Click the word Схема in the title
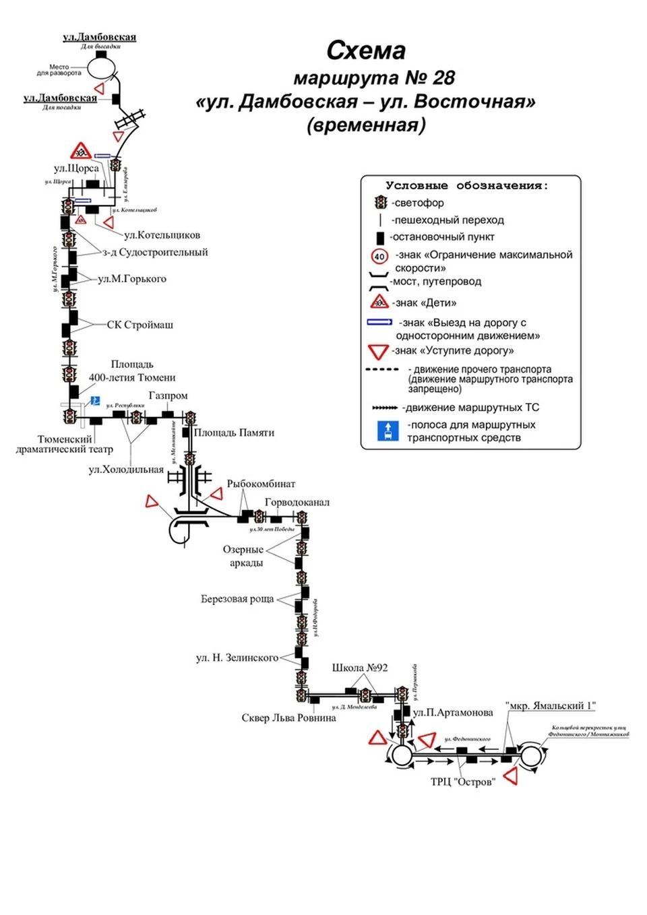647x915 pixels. [366, 51]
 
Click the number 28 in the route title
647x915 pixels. [443, 78]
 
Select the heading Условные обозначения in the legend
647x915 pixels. [466, 185]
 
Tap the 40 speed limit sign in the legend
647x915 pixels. [379, 256]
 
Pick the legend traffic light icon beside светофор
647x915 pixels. [381, 202]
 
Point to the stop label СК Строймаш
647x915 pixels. [140, 325]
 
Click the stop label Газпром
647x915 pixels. [168, 396]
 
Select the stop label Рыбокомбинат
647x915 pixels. [261, 484]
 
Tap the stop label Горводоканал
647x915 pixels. [297, 502]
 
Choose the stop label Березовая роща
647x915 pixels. [237, 599]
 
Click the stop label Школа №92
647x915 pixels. [360, 668]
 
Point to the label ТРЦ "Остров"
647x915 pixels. [463, 782]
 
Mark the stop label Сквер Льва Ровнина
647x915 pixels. [288, 718]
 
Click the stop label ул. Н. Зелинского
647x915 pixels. [237, 658]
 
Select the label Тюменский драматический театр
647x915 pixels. [65, 444]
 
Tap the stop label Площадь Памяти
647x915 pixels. [234, 433]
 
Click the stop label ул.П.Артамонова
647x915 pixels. [453, 712]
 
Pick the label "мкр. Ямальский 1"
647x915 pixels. [551, 705]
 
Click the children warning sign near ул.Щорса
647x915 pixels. [80, 151]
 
